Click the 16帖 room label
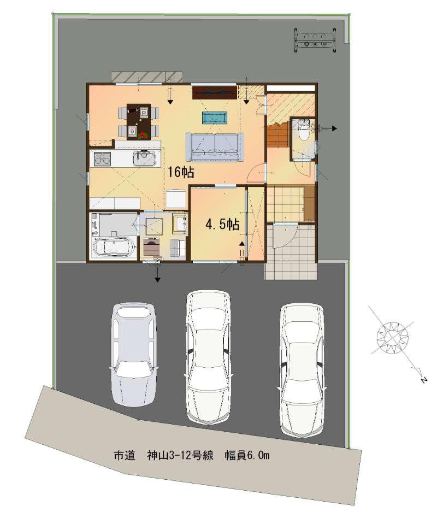pos(180,172)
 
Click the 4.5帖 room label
pos(222,225)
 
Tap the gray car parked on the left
pos(133,355)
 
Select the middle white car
pos(209,357)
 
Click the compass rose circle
pos(392,338)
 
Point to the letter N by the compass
pos(422,380)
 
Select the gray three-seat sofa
pos(214,147)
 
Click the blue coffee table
pos(215,117)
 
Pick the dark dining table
pos(139,121)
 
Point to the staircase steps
pos(277,135)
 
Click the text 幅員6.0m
pos(247,456)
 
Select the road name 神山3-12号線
pos(180,456)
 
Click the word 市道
pos(125,456)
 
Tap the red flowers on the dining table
pos(143,135)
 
